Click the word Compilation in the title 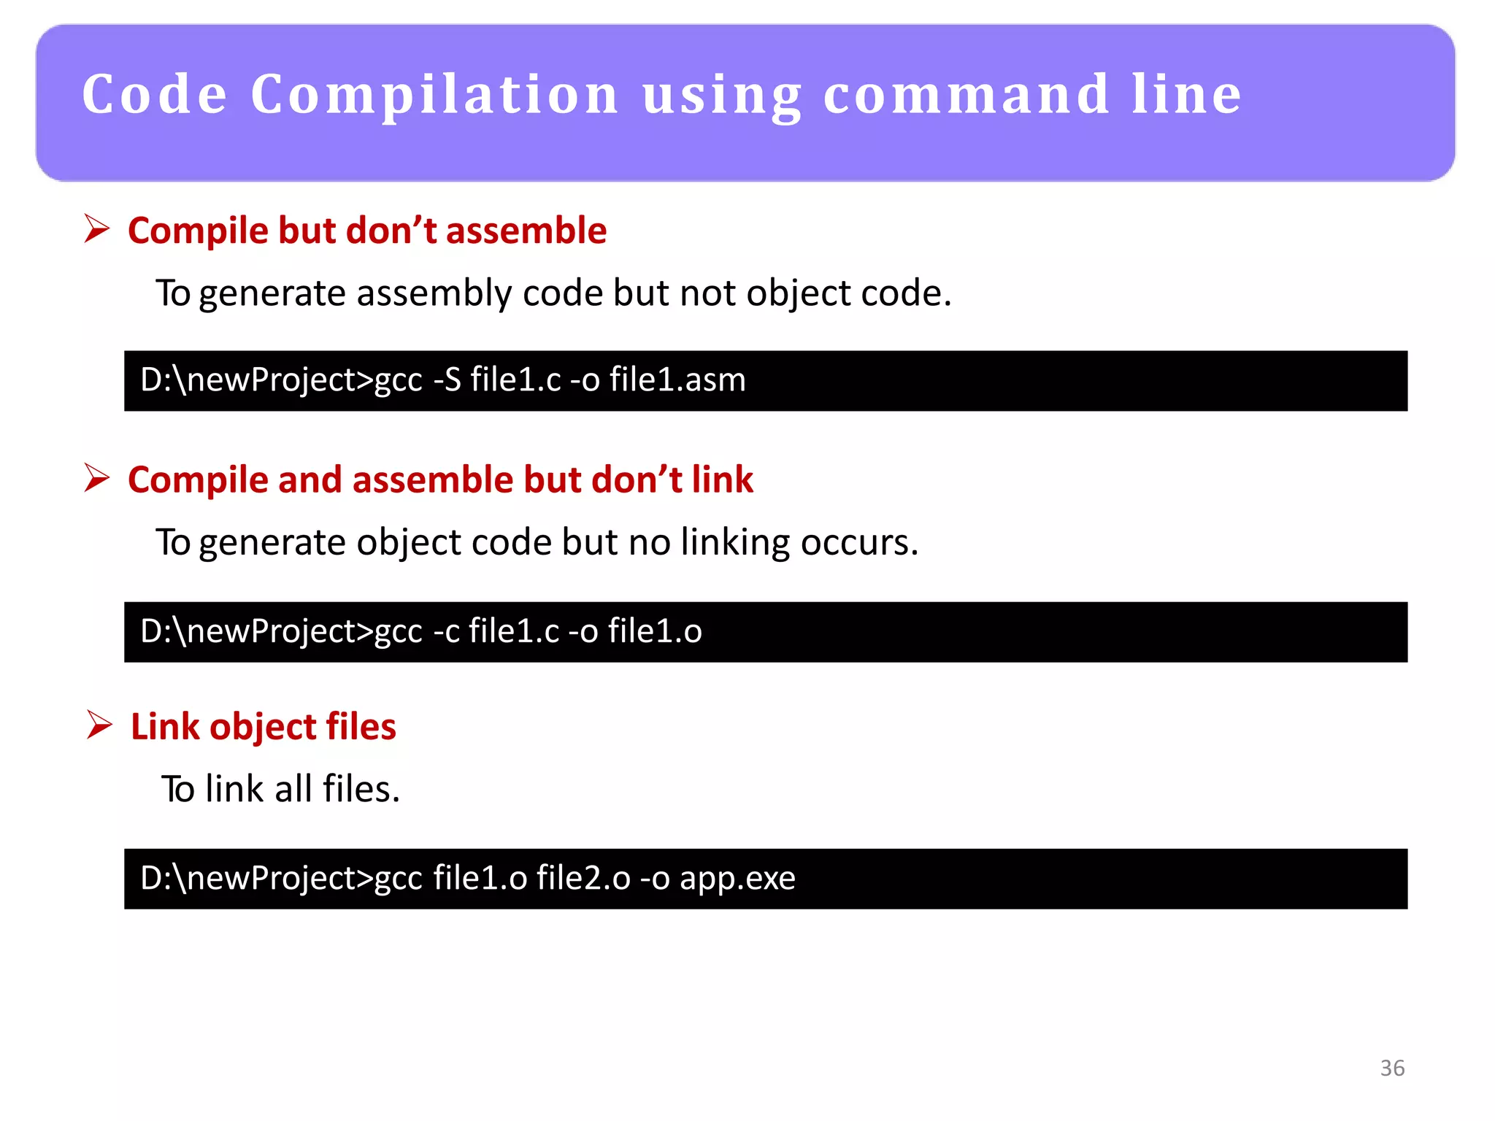tap(434, 95)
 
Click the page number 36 tap(1392, 1068)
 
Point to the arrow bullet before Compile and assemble tap(96, 478)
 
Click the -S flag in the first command tap(447, 380)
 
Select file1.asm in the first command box tap(677, 380)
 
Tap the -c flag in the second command tap(446, 631)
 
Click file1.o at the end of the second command tap(655, 631)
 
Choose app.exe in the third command tap(737, 878)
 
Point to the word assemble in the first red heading tap(526, 231)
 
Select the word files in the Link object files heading tap(361, 727)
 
